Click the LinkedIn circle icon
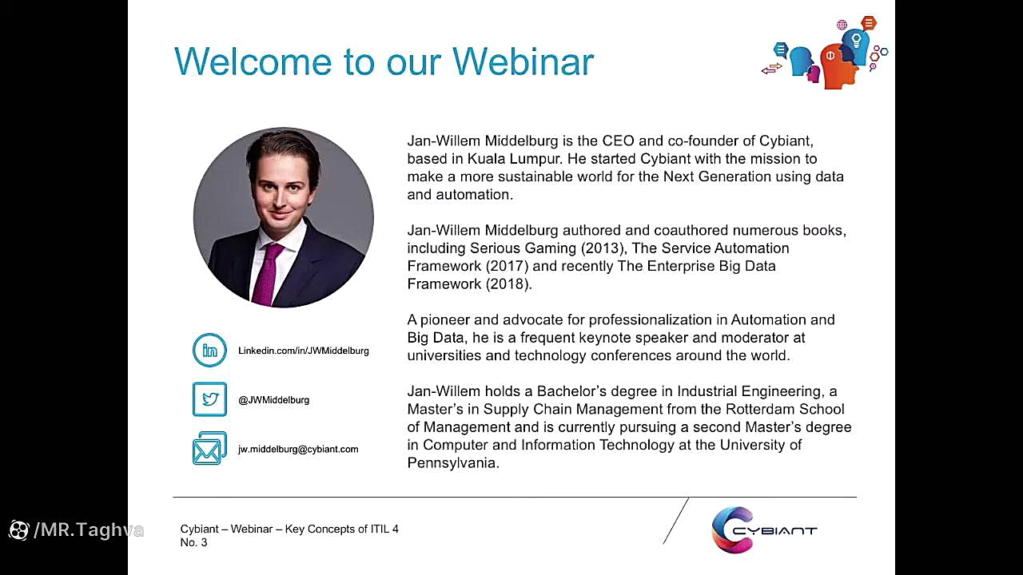[x=209, y=350]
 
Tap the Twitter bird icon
[x=209, y=399]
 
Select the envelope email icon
[x=209, y=448]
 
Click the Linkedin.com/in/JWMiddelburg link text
[x=303, y=351]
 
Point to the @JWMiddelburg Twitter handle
[x=273, y=400]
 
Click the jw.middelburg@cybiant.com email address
[x=298, y=449]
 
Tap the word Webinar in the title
[x=523, y=61]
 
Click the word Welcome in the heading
[x=253, y=61]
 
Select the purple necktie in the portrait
[x=267, y=274]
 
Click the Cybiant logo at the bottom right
[x=764, y=529]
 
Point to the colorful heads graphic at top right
[x=825, y=52]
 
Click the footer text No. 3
[x=193, y=542]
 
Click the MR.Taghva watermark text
[x=89, y=529]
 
